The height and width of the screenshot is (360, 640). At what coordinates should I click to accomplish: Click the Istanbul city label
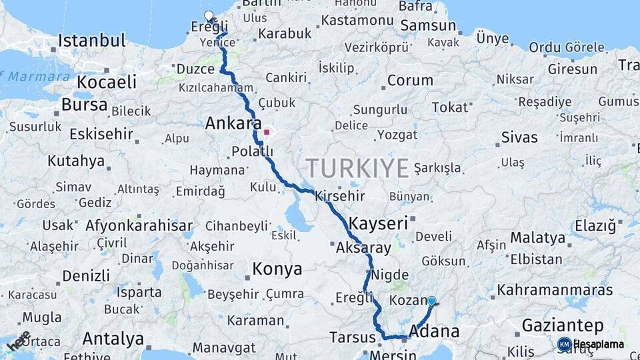tap(92, 41)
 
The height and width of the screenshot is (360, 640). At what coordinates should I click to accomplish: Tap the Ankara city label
tap(233, 123)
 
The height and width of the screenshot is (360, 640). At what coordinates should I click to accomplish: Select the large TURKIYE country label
tap(357, 169)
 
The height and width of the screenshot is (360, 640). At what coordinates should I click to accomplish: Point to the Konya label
tap(277, 269)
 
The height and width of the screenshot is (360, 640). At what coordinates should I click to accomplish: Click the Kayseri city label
tap(378, 223)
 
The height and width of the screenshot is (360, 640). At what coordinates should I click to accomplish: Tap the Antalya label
tap(113, 339)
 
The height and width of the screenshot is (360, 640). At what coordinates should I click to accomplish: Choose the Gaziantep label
tap(563, 326)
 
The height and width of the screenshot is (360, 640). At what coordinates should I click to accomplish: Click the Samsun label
tap(429, 26)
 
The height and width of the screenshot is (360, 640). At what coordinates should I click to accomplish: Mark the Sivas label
tap(519, 138)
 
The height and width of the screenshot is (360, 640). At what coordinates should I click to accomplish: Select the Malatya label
tap(537, 238)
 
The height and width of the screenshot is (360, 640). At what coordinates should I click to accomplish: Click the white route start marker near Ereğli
tap(209, 16)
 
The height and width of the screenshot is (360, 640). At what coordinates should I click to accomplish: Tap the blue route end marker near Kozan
tap(432, 301)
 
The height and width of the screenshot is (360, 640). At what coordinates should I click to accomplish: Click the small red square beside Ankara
tap(267, 132)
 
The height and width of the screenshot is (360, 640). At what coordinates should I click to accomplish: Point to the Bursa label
tap(84, 105)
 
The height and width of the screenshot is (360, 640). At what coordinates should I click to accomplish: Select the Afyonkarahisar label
tap(139, 225)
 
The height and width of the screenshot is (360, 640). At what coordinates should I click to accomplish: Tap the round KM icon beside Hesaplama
tap(564, 344)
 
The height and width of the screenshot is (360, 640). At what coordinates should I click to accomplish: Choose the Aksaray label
tap(364, 248)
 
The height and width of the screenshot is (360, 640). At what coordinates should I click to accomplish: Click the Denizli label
tap(86, 275)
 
